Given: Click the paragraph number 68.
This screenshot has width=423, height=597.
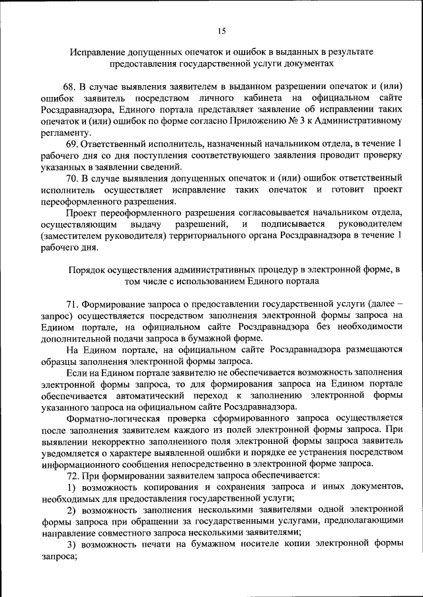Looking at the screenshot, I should coord(69,86).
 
